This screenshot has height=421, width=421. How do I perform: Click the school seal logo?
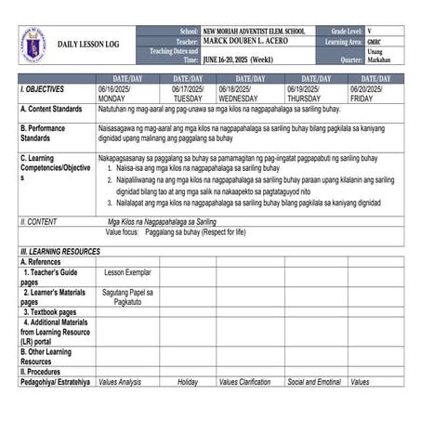pyautogui.click(x=33, y=44)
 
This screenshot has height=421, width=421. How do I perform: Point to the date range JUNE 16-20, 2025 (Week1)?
pyautogui.click(x=243, y=58)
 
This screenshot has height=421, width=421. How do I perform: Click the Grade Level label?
pyautogui.click(x=340, y=31)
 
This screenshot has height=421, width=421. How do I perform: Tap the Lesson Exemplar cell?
pyautogui.click(x=127, y=272)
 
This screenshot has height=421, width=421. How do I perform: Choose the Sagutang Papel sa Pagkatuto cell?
pyautogui.click(x=127, y=296)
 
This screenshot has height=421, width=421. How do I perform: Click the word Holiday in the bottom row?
pyautogui.click(x=188, y=382)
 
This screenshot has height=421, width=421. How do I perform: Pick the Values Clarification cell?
pyautogui.click(x=244, y=382)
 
